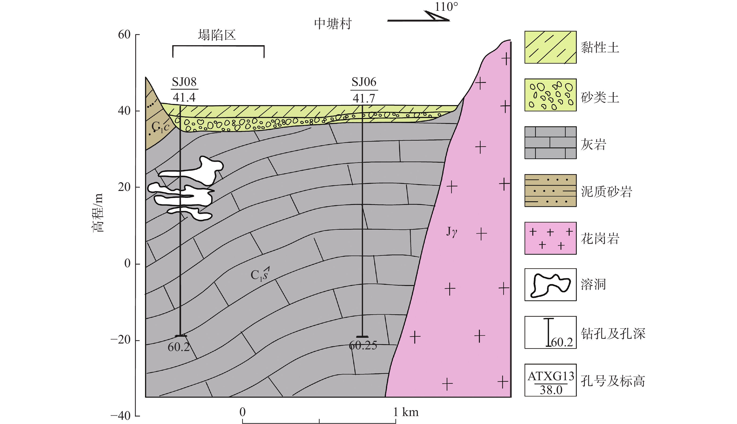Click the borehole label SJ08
tap(184, 82)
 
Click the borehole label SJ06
tap(364, 82)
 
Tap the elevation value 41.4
tap(184, 97)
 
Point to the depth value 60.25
tap(363, 345)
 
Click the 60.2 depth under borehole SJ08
tap(179, 347)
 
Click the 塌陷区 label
tap(217, 35)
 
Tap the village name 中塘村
tap(333, 24)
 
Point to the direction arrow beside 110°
tap(418, 16)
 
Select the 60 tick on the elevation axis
tap(124, 35)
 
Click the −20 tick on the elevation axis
tap(120, 340)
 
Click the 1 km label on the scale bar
tap(406, 412)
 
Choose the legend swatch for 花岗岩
tap(550, 238)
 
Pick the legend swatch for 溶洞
tap(550, 285)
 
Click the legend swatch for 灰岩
tap(550, 143)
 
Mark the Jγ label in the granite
tap(452, 232)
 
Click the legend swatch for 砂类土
tap(550, 95)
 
